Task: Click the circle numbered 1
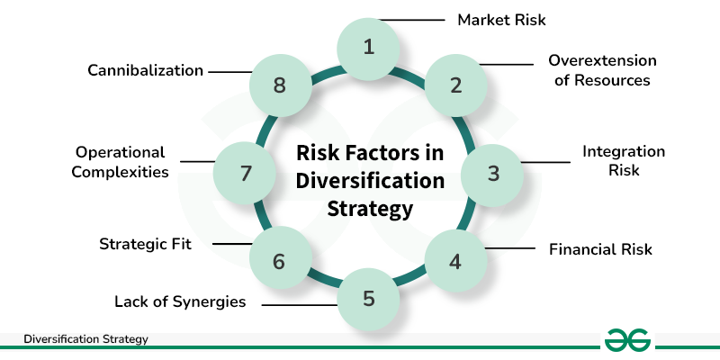pos(368,47)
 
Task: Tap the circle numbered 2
pos(455,85)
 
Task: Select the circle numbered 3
pos(492,173)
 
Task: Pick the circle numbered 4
pos(455,262)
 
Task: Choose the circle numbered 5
pos(368,298)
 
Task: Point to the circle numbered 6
pos(279,262)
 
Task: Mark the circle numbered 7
pos(245,173)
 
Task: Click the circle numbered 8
pos(279,85)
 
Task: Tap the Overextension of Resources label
pos(602,70)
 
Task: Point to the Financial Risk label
pos(600,248)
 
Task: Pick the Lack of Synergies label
pos(180,301)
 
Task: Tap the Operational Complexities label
pos(121,161)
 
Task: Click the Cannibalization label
pos(146,69)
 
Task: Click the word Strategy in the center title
pos(369,209)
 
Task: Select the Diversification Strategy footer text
pos(85,339)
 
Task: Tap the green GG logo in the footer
pos(628,340)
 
